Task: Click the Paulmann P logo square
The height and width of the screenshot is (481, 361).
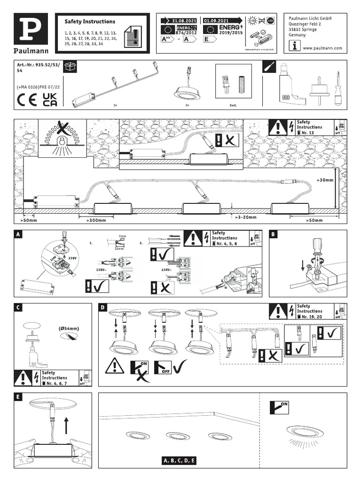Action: coord(32,29)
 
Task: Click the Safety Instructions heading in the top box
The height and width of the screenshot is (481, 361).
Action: coord(89,22)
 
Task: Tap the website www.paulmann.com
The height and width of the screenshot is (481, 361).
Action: coord(322,48)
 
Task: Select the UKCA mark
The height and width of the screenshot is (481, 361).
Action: coord(49,100)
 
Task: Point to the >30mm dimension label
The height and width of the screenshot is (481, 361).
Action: coord(325,180)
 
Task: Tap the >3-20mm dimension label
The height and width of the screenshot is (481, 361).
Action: coord(246,217)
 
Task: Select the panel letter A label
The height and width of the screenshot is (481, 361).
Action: coord(18,234)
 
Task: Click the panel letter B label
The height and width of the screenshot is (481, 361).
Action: coord(274,234)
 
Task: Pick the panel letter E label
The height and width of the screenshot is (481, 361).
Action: coord(18,397)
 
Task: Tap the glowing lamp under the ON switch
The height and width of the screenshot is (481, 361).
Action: coord(299,434)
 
